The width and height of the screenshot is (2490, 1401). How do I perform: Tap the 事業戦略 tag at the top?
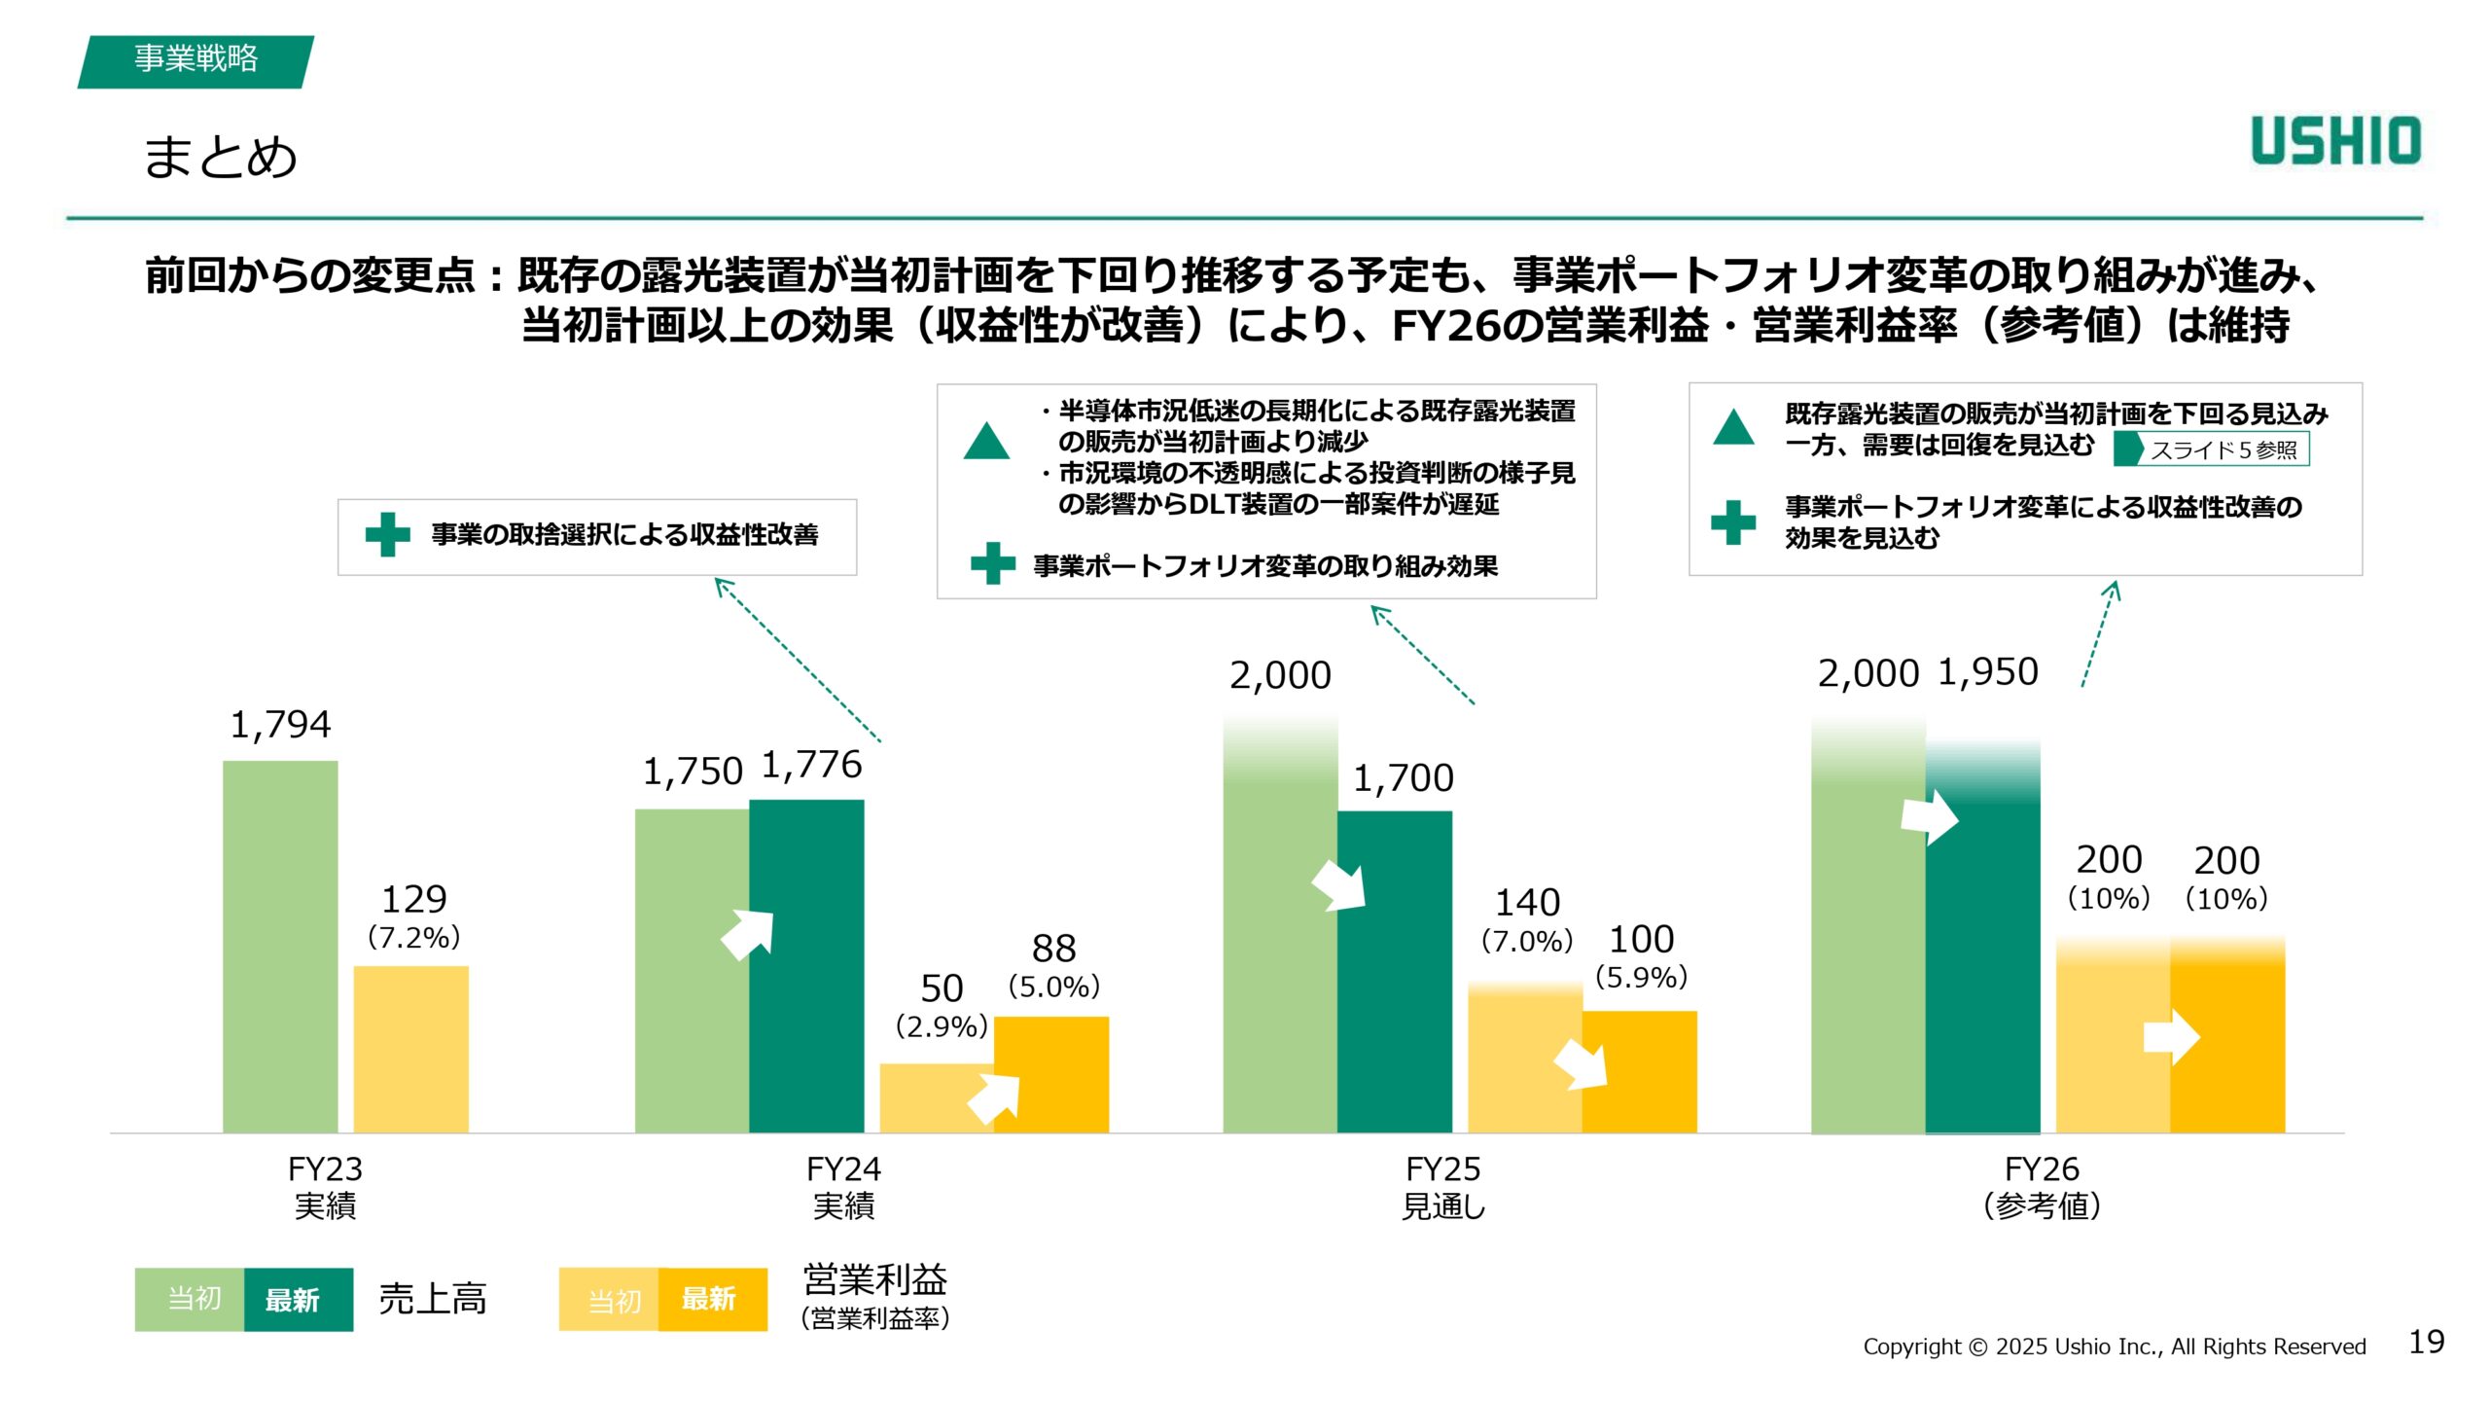pos(196,60)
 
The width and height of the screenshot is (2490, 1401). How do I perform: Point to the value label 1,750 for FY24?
pos(692,772)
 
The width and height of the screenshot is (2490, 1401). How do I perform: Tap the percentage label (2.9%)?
pos(941,1026)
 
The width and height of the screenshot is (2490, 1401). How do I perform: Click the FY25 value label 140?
pos(1527,903)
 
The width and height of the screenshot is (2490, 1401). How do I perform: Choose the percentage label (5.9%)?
pos(1641,977)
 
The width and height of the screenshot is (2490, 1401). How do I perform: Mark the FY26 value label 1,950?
pos(1987,672)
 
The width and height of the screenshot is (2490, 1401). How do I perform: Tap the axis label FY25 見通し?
pos(1443,1187)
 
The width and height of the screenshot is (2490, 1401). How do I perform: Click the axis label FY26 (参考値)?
pos(2042,1187)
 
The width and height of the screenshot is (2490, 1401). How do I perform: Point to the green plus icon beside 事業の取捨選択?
pos(387,535)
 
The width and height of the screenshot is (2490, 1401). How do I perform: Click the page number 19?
pos(2426,1343)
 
